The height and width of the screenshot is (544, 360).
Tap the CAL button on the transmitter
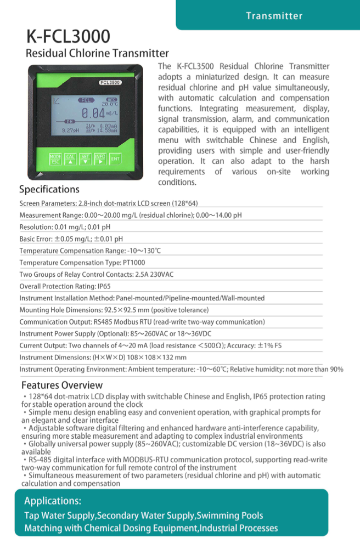[x=70, y=159]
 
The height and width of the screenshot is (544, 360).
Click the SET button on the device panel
[x=85, y=159]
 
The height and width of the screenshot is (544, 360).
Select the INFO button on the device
[x=100, y=159]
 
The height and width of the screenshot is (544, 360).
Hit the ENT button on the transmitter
[x=115, y=159]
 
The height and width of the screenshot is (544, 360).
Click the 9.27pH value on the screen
[x=70, y=131]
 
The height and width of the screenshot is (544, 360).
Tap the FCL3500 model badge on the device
[x=110, y=83]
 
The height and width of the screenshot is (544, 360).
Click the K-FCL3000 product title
[x=69, y=36]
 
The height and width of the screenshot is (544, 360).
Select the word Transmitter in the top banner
[x=274, y=16]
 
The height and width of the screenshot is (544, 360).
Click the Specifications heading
[x=49, y=190]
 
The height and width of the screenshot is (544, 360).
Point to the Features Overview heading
[x=62, y=385]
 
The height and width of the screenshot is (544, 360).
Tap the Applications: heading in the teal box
[x=53, y=501]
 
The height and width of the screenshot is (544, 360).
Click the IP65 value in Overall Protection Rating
[x=104, y=286]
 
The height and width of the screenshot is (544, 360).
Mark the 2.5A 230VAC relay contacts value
[x=154, y=274]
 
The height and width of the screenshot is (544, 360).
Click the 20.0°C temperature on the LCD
[x=109, y=104]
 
